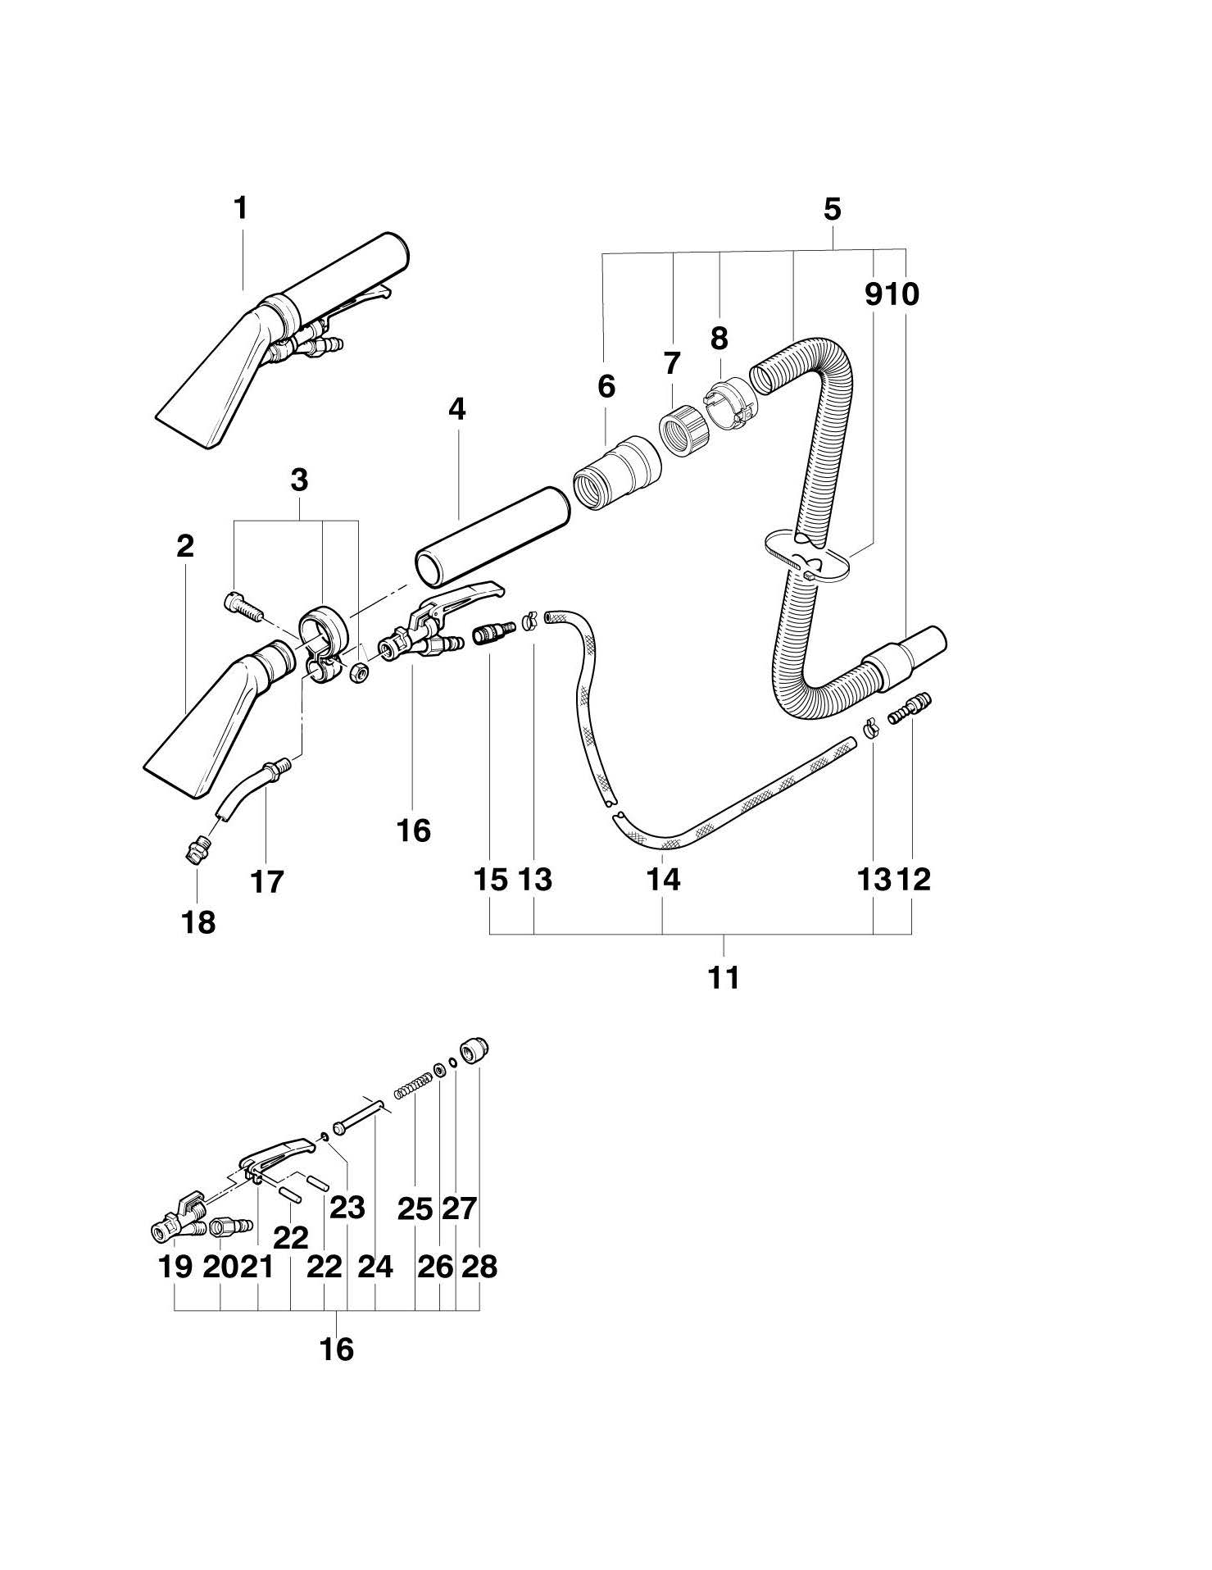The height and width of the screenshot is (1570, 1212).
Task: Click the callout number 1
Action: click(240, 208)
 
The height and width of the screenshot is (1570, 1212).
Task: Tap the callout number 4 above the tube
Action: click(456, 409)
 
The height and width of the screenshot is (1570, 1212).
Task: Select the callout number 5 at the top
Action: click(832, 210)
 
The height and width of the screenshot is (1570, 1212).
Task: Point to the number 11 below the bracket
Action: click(724, 977)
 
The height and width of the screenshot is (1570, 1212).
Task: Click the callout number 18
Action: click(198, 922)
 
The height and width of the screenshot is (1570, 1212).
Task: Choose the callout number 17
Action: click(267, 882)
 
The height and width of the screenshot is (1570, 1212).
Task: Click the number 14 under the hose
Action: click(663, 880)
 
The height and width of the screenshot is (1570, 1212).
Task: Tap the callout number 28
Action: click(479, 1267)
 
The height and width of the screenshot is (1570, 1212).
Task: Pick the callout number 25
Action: click(415, 1208)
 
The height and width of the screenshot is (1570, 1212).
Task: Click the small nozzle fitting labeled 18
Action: click(194, 853)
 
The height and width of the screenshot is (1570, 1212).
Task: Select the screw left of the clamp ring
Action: click(241, 608)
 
